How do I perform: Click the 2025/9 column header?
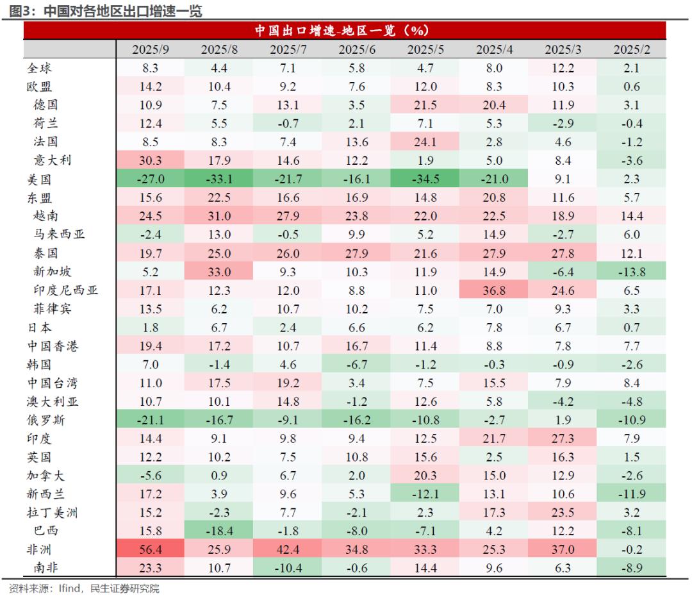click(x=151, y=49)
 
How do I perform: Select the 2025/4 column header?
click(x=494, y=49)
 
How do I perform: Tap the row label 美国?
click(x=39, y=179)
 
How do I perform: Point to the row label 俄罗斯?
click(x=45, y=421)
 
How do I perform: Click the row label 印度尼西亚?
click(x=66, y=290)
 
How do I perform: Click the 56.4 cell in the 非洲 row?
click(x=151, y=550)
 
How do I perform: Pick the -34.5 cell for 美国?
click(x=425, y=179)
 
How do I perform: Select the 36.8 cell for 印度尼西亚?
click(x=494, y=290)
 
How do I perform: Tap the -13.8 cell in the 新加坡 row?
click(x=631, y=272)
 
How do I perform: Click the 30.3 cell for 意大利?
click(x=151, y=161)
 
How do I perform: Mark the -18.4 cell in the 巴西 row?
click(x=219, y=531)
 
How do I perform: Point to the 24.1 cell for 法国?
click(x=425, y=142)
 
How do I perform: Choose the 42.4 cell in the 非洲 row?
click(x=288, y=550)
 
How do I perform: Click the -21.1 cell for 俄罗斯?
click(x=151, y=421)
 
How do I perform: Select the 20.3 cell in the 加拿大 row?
click(x=425, y=476)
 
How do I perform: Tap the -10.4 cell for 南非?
click(x=288, y=569)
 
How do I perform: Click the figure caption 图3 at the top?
click(x=19, y=10)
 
